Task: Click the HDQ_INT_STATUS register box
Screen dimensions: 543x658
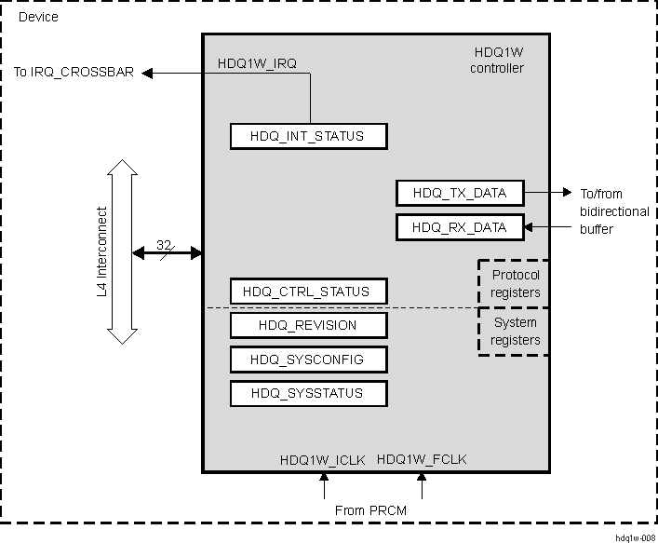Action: tap(308, 137)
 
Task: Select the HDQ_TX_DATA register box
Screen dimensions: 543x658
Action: tap(459, 193)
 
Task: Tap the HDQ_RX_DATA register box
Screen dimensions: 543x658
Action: tap(459, 226)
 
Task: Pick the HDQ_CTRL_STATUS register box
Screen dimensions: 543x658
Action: tap(308, 292)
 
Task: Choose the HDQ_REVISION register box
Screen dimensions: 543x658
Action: tap(308, 325)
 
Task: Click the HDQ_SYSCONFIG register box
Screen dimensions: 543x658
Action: tap(308, 360)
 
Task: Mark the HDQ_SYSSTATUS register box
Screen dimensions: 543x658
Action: tap(308, 393)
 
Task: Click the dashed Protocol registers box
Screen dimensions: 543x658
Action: tap(515, 284)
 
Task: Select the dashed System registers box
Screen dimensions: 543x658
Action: tap(515, 332)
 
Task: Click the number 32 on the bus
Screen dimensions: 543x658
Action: tap(164, 245)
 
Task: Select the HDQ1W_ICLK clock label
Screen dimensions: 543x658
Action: tap(323, 459)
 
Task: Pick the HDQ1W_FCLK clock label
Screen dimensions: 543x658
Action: tap(422, 459)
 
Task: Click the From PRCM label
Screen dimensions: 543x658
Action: tap(370, 510)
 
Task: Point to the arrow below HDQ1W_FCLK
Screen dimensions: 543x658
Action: tap(422, 485)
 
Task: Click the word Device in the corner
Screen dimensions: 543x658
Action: tap(37, 17)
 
